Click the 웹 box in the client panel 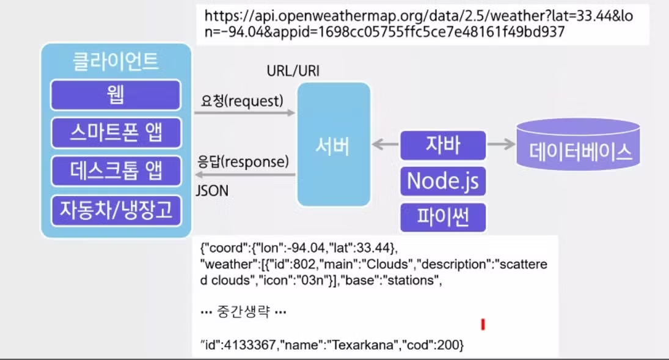pyautogui.click(x=115, y=95)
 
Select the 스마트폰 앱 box pyautogui.click(x=115, y=132)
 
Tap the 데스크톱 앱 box pyautogui.click(x=115, y=171)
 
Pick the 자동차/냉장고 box pyautogui.click(x=115, y=210)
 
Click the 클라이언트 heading pyautogui.click(x=115, y=62)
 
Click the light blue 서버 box pyautogui.click(x=334, y=145)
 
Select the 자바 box pyautogui.click(x=442, y=145)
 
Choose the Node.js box pyautogui.click(x=442, y=181)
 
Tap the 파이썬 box pyautogui.click(x=442, y=217)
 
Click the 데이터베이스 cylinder pyautogui.click(x=578, y=145)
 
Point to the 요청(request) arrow pyautogui.click(x=245, y=113)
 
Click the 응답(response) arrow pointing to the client pyautogui.click(x=245, y=175)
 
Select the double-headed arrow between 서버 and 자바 pyautogui.click(x=385, y=145)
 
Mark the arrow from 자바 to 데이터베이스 pyautogui.click(x=501, y=145)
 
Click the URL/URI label pyautogui.click(x=293, y=72)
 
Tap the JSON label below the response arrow pyautogui.click(x=212, y=191)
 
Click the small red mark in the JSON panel pyautogui.click(x=483, y=324)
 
